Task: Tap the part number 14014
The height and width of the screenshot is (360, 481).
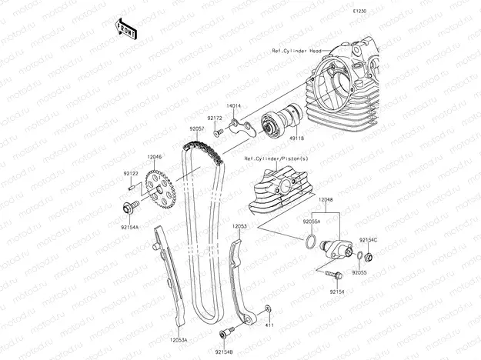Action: [233, 105]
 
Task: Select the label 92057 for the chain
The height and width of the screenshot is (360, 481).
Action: [198, 129]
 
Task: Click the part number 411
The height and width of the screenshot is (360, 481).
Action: [269, 325]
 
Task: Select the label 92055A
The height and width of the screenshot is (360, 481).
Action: [312, 221]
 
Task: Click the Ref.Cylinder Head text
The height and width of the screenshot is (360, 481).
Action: [296, 52]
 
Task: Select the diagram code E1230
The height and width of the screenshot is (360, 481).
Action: [359, 12]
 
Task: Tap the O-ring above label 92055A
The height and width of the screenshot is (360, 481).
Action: [309, 242]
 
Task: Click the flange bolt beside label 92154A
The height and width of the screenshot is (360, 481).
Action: [128, 206]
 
